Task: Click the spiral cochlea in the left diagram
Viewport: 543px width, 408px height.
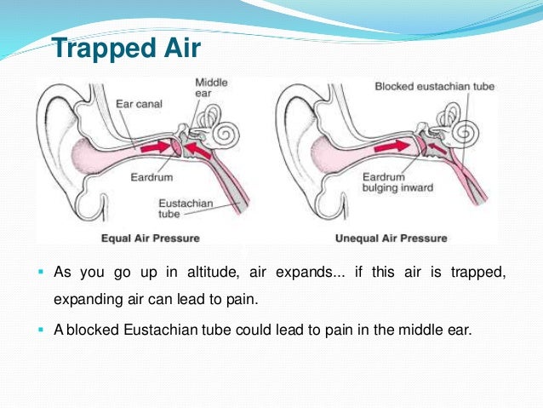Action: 228,135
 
